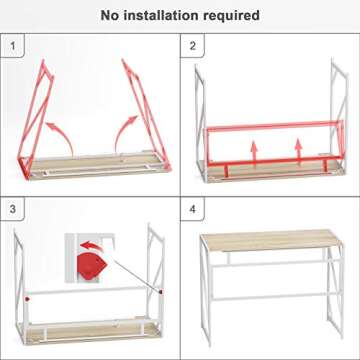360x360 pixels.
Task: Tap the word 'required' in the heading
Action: coord(233,15)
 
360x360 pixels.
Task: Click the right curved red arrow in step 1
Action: coord(126,127)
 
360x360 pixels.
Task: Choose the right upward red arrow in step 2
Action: coord(299,150)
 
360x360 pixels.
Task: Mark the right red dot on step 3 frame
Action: coord(159,291)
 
